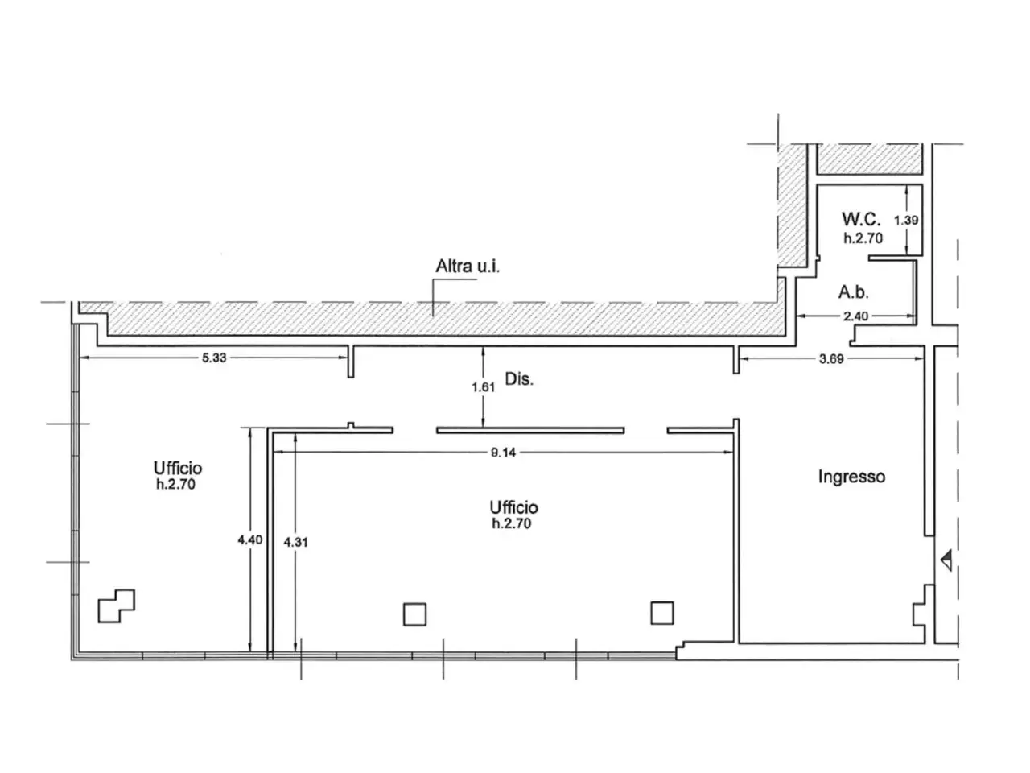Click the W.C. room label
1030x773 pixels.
point(861,219)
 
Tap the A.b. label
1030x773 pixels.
point(853,292)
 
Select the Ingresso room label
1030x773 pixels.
point(851,477)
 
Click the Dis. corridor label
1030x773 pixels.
point(519,378)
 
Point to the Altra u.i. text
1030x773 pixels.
point(468,266)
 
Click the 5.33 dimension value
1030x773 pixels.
point(214,358)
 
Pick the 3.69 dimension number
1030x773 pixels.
point(831,359)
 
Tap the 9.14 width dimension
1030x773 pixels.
point(503,453)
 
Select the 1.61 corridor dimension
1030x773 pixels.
point(484,387)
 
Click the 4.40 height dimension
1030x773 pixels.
point(249,540)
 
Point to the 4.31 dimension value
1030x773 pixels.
point(295,543)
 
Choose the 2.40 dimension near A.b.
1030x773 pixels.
point(855,316)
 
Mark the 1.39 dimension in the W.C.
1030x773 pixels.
point(906,220)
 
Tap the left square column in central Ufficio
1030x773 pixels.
point(414,614)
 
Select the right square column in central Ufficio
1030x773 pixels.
point(662,613)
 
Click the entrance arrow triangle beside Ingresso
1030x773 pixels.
point(946,560)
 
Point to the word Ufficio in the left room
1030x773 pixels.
point(178,468)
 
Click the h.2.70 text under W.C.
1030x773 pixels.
point(863,238)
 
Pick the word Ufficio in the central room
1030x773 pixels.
point(514,507)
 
